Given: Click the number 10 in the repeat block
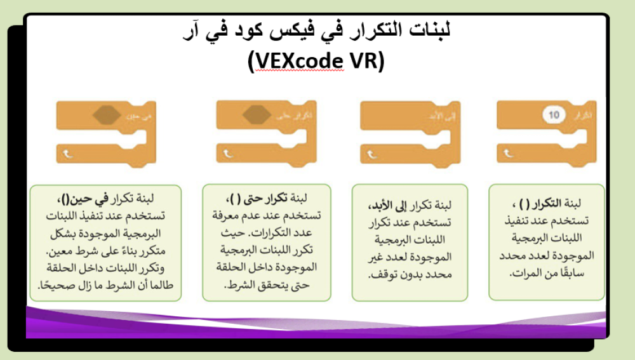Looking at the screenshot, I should [554, 115].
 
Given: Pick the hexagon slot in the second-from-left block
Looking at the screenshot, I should [257, 115].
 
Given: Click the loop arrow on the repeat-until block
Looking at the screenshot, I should [227, 152].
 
